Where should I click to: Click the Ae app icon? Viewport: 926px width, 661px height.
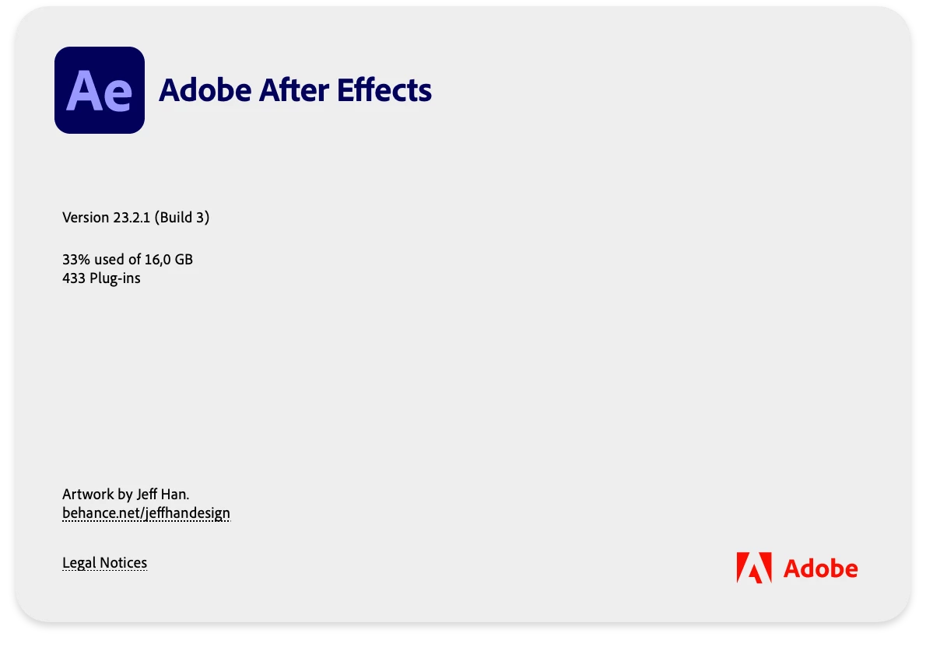100,90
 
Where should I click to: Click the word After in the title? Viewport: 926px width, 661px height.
294,90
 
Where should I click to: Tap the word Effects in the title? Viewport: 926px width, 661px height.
384,90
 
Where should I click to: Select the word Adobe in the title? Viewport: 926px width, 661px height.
205,90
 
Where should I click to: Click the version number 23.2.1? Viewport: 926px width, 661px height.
132,218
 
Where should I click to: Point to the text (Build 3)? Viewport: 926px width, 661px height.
182,218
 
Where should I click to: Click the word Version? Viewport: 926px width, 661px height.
86,218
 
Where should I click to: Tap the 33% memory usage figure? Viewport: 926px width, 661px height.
76,260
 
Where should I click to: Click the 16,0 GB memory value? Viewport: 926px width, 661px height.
168,260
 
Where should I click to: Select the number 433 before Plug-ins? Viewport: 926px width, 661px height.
74,278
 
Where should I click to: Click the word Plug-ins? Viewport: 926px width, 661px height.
115,278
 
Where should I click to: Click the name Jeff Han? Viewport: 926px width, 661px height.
163,495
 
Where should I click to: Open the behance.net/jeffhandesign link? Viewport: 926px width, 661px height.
146,513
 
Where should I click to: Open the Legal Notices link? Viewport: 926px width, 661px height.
104,563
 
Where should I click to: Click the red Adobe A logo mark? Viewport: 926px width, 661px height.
754,568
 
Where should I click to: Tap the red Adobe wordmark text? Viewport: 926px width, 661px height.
820,569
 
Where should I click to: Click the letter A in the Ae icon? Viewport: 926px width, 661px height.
86,91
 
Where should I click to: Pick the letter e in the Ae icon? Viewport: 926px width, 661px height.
119,96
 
